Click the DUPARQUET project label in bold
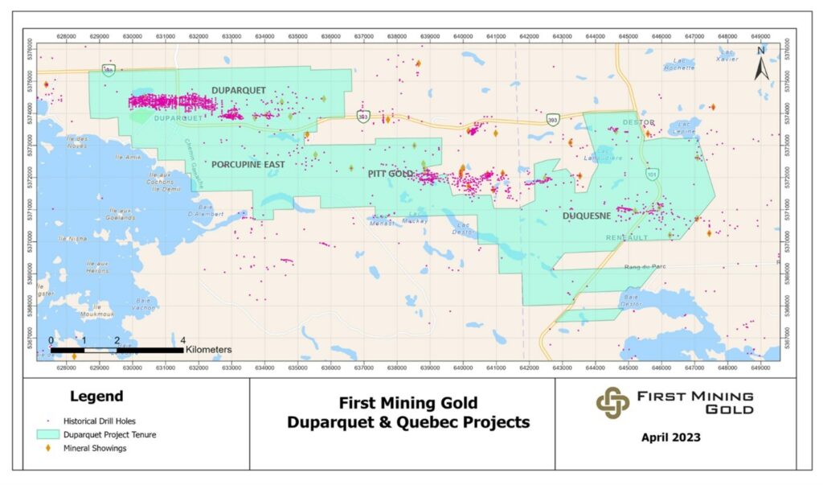[238, 90]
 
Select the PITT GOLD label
[391, 174]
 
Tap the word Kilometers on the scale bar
[209, 350]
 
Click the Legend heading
[96, 396]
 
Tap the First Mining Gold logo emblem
[612, 402]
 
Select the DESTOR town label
[639, 122]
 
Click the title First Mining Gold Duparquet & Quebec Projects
[402, 412]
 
